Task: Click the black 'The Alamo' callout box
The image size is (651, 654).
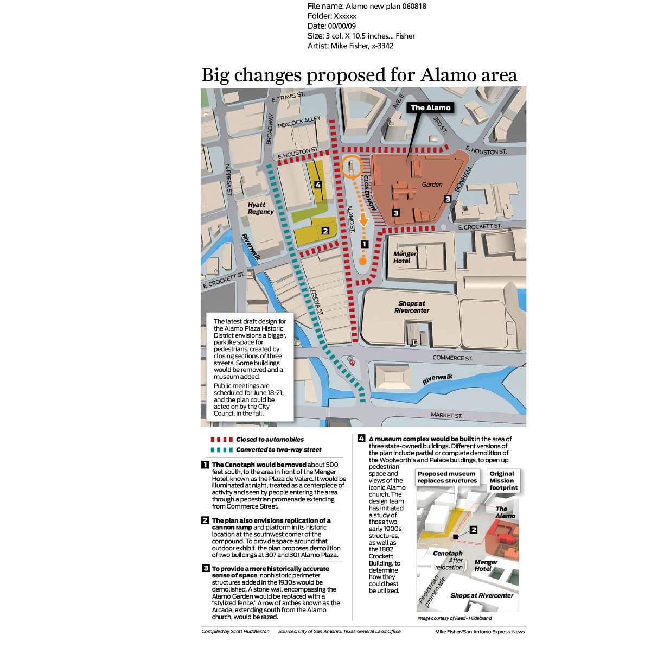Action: point(430,107)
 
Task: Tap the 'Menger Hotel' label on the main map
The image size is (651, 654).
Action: point(405,257)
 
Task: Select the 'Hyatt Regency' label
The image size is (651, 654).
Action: point(261,208)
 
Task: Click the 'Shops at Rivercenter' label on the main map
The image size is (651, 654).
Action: point(412,307)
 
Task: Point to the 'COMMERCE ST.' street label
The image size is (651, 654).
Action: point(452,358)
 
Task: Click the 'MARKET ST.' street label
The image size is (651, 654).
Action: point(446,415)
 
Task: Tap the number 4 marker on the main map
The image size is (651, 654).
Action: point(318,185)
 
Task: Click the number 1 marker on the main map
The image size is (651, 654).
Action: point(365,245)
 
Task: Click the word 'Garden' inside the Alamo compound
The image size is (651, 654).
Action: point(432,185)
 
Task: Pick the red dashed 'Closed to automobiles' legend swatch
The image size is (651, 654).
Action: point(219,440)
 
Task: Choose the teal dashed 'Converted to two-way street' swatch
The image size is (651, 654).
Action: point(219,450)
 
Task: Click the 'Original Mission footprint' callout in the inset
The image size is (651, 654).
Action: point(502,481)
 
